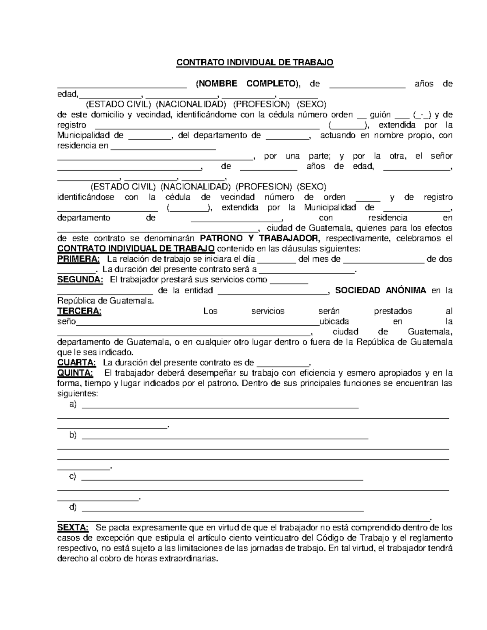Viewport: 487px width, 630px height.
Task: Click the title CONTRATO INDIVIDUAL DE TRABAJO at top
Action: click(x=254, y=62)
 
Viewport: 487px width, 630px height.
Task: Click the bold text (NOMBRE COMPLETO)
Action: click(x=248, y=84)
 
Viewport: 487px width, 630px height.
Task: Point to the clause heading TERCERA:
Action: click(x=79, y=311)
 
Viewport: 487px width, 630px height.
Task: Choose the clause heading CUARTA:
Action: click(x=77, y=363)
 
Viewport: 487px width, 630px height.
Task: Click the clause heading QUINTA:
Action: click(x=75, y=373)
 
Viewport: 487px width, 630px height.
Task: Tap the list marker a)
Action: click(x=73, y=404)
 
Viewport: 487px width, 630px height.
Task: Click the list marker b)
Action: click(x=73, y=435)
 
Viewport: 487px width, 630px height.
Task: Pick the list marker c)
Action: click(x=73, y=477)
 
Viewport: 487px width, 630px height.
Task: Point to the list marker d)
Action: click(x=73, y=507)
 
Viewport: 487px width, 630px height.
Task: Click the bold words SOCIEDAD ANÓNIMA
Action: click(x=381, y=290)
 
